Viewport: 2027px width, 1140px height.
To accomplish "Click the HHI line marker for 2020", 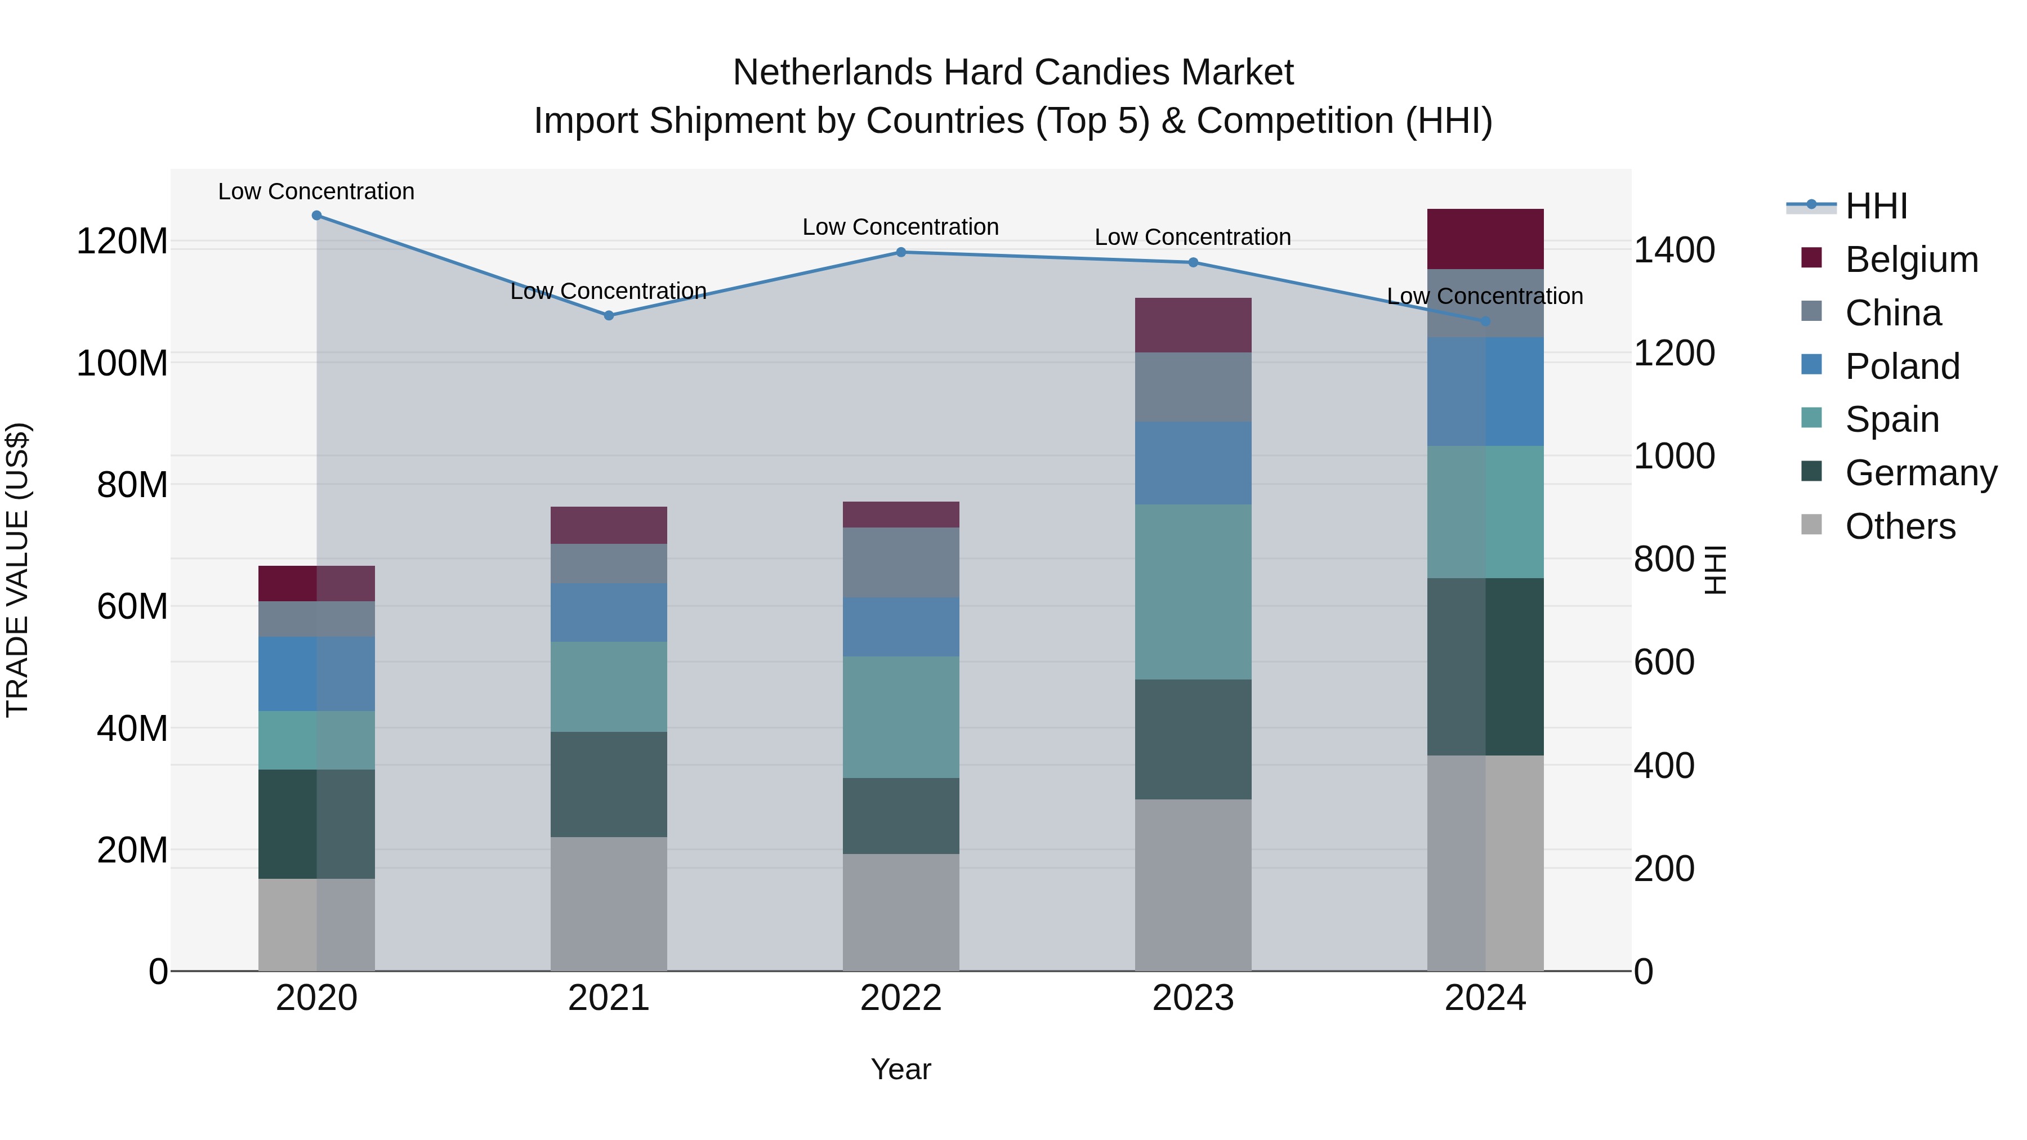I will (316, 216).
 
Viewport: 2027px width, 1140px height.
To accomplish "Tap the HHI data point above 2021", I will (608, 315).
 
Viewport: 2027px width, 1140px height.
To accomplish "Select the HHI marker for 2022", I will (901, 253).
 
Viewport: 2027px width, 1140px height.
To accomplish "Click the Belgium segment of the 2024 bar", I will (1485, 239).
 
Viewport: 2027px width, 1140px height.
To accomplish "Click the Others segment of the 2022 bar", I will (901, 913).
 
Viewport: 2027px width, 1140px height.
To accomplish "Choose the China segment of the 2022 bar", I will (901, 562).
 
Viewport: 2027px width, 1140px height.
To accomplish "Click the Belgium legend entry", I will (1910, 260).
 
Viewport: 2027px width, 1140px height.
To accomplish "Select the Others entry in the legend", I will (1900, 526).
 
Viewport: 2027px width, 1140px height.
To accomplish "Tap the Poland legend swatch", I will (1811, 365).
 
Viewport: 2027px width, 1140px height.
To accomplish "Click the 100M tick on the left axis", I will (122, 364).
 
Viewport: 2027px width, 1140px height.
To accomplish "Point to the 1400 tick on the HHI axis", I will (1674, 250).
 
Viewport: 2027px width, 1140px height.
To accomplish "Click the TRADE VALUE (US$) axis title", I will (17, 570).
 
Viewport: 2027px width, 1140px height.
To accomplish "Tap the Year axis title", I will (901, 1069).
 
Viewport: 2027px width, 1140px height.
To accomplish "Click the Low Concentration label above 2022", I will (900, 226).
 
